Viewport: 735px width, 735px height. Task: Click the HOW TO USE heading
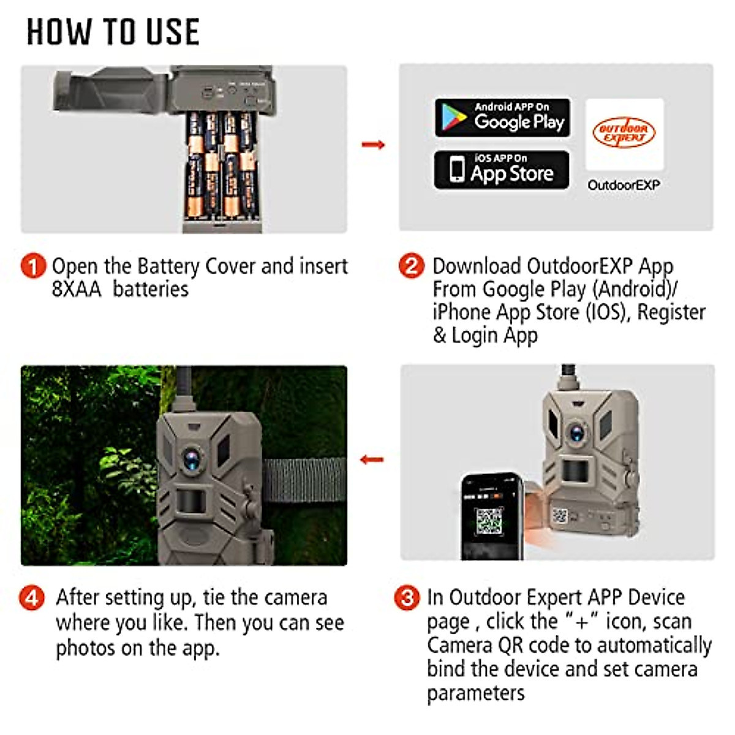[x=113, y=32]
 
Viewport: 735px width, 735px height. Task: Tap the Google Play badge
[x=502, y=117]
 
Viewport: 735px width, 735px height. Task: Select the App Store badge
[x=502, y=170]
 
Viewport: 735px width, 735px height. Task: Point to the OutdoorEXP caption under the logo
[x=624, y=185]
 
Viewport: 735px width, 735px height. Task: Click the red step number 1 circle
[x=33, y=266]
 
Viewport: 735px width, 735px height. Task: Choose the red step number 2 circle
[x=412, y=266]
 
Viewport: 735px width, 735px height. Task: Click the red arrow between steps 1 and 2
[x=373, y=145]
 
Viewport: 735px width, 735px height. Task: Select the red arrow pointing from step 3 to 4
[x=372, y=459]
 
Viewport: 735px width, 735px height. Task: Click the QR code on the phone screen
[x=489, y=520]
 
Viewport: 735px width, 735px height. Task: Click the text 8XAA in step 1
[x=77, y=289]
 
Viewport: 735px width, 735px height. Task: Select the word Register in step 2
[x=671, y=312]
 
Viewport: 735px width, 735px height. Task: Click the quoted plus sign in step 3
[x=581, y=621]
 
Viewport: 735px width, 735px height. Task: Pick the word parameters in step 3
[x=476, y=693]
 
